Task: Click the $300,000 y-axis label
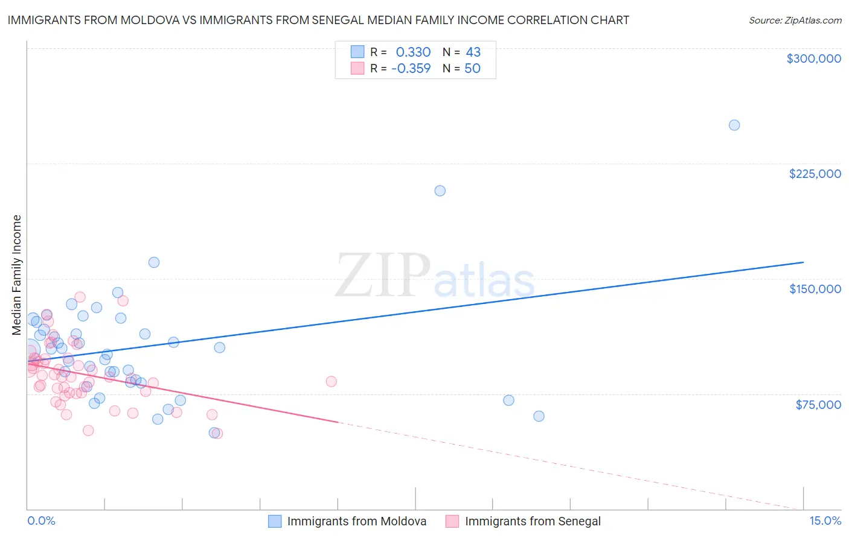tap(813, 59)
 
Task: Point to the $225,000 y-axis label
tap(815, 174)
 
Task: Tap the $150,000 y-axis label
tap(815, 289)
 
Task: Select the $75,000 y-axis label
tap(818, 405)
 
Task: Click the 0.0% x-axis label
tap(41, 521)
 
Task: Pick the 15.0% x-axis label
tap(825, 521)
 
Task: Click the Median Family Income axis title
tap(17, 275)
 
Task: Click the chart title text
tap(318, 21)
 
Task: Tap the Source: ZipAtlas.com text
tap(795, 21)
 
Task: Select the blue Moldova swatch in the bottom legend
tap(275, 522)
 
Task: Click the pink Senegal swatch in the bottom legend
tap(452, 522)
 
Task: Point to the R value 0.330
tap(413, 52)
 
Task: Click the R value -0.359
tap(411, 69)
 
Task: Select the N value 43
tap(473, 52)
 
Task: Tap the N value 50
tap(472, 69)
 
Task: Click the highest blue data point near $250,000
tap(734, 125)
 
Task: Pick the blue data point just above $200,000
tap(440, 191)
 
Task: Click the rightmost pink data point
tap(331, 381)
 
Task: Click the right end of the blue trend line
tap(803, 262)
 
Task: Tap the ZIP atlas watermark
tap(435, 276)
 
